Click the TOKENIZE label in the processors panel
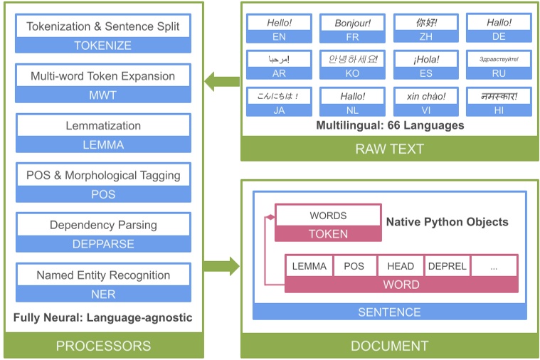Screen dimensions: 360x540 click(103, 45)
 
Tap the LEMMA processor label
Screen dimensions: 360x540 click(103, 144)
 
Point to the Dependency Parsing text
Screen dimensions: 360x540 click(103, 225)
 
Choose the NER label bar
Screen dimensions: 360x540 click(103, 294)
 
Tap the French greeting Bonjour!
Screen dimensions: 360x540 click(353, 23)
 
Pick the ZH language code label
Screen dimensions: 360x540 click(425, 36)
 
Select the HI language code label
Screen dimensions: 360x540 click(499, 110)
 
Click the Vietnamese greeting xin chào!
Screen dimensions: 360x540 click(425, 96)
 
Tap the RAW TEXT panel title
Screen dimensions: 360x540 click(389, 149)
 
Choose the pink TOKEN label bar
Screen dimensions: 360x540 click(328, 233)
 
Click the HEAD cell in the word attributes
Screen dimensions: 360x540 click(401, 266)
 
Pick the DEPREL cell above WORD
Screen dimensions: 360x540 click(446, 266)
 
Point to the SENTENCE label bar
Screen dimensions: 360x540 click(389, 312)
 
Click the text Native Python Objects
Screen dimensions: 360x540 click(447, 222)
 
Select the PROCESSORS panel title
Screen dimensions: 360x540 click(103, 346)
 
